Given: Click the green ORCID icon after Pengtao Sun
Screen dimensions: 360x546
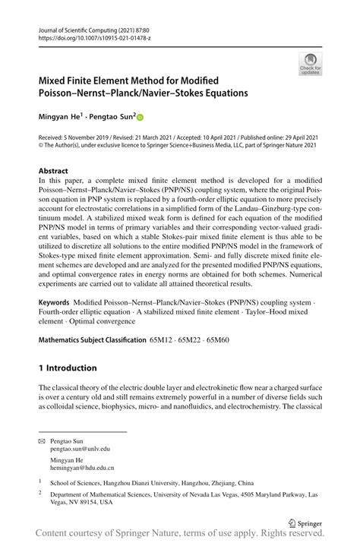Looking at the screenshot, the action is (140, 118).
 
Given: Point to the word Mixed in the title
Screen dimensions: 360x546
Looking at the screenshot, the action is (58, 80).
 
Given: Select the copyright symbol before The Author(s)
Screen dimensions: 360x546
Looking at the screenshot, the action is (41, 146).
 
